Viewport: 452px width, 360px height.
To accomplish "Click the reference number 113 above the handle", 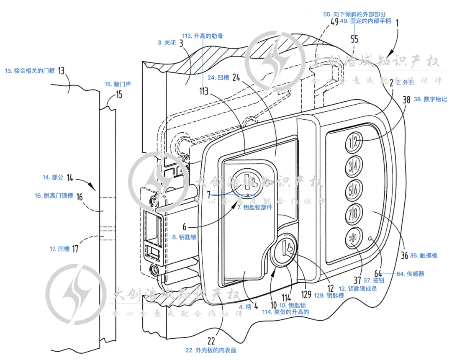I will click(204, 91).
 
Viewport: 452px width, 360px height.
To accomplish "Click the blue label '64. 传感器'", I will click(410, 274).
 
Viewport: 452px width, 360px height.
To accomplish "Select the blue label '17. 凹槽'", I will click(59, 249).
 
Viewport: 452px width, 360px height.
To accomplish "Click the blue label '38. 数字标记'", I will click(430, 100).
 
